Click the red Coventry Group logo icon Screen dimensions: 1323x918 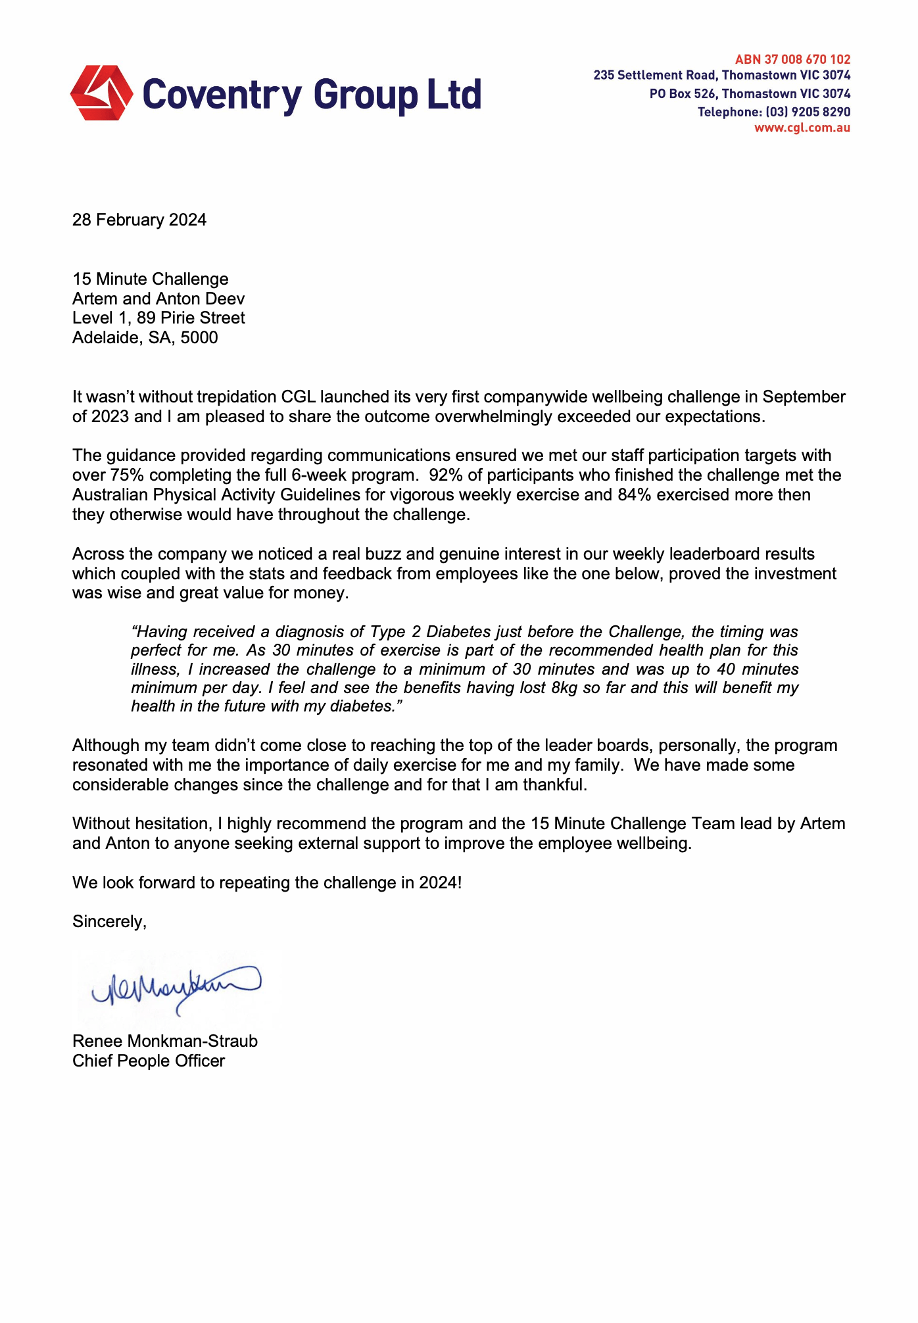click(101, 93)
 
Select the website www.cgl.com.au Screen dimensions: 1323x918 click(802, 128)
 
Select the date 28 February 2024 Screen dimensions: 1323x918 click(139, 220)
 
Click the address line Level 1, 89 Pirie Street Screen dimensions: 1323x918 click(158, 318)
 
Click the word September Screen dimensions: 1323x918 click(804, 397)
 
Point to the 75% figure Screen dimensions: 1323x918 click(127, 475)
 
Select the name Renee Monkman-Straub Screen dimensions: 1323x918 click(165, 1042)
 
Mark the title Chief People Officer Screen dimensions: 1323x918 click(149, 1061)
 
